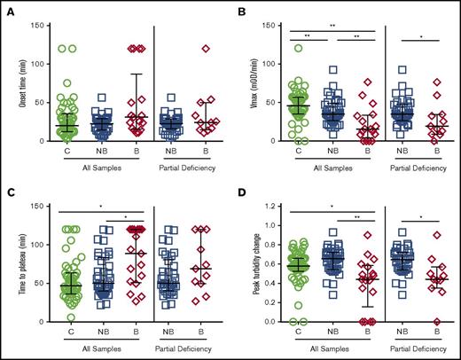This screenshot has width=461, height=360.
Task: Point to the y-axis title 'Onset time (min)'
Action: coord(9,82)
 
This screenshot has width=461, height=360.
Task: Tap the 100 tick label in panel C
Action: coord(28,246)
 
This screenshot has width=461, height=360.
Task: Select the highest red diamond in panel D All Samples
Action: coord(367,235)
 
